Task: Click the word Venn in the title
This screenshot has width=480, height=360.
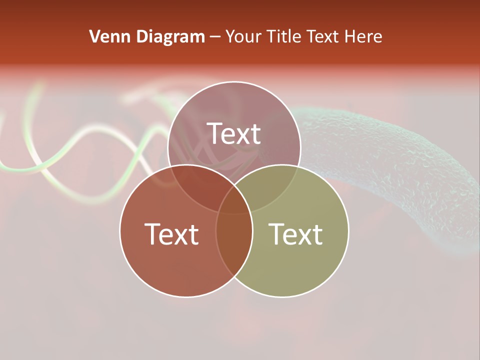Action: click(106, 36)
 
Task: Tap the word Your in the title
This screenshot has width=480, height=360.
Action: click(245, 36)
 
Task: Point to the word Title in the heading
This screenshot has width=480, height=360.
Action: click(284, 36)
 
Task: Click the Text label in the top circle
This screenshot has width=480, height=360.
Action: click(234, 133)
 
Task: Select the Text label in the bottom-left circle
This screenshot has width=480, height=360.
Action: click(171, 233)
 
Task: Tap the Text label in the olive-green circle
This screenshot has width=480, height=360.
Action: click(295, 233)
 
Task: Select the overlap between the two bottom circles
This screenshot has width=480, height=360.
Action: click(234, 250)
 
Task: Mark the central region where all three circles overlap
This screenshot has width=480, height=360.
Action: click(234, 200)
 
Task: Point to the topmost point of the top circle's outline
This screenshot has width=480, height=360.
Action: click(234, 81)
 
